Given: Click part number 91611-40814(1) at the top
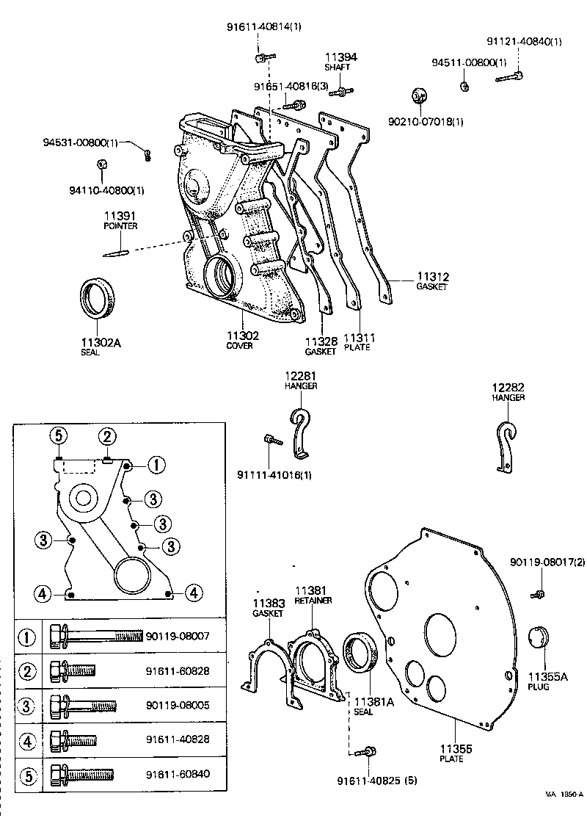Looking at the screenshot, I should pyautogui.click(x=263, y=27).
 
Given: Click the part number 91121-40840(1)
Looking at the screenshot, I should pyautogui.click(x=525, y=41).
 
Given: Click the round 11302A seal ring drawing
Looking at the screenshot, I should pyautogui.click(x=98, y=299).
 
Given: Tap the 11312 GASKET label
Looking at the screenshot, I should pyautogui.click(x=432, y=281).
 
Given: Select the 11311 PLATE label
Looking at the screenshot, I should pyautogui.click(x=360, y=341).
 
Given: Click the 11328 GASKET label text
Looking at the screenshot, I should pyautogui.click(x=321, y=346).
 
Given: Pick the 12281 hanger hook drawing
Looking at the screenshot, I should pyautogui.click(x=299, y=429).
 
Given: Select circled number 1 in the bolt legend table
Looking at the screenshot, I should pyautogui.click(x=27, y=637).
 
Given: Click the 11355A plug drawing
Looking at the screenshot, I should pyautogui.click(x=539, y=640).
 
